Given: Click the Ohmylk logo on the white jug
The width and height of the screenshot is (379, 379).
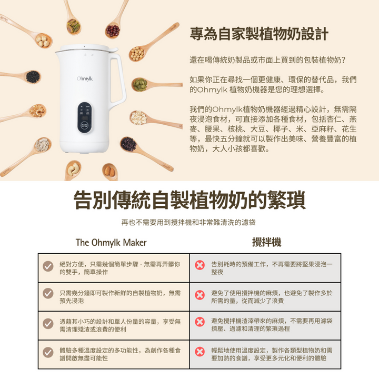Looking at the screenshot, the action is pos(85,79).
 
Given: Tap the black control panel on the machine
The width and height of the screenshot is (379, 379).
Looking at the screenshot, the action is pos(85,117).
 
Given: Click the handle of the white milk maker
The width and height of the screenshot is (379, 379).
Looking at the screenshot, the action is pos(118,80).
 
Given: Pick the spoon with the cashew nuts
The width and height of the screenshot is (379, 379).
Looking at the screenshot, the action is pos(72,171).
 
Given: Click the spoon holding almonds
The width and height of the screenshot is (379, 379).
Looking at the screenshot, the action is pos(110,172).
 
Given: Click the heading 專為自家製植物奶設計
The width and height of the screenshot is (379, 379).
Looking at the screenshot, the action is pos(259,34).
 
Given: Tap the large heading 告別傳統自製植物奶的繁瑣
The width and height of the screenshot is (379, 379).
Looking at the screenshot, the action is pos(189,200).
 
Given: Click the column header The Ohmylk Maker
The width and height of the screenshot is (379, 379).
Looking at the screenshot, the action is pos(111,243).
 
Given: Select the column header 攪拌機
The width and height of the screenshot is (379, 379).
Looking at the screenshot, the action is pos(266,242).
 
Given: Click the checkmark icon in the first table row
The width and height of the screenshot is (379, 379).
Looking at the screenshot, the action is pos(48,266).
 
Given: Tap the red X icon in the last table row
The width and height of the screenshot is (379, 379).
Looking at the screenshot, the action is pos(200,352).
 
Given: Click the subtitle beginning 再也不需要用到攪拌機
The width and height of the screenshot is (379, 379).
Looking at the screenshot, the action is pos(188,222).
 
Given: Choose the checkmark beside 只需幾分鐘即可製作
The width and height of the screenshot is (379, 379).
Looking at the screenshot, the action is pos(48,293).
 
